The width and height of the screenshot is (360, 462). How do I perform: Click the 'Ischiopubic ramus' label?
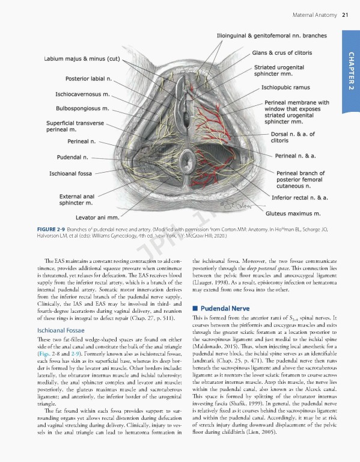click(285, 87)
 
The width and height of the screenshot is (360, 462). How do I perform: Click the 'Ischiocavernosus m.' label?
click(82, 94)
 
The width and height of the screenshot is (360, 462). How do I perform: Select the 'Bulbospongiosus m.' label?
click(82, 109)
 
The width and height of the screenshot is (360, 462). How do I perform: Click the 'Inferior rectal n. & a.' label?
click(300, 197)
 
